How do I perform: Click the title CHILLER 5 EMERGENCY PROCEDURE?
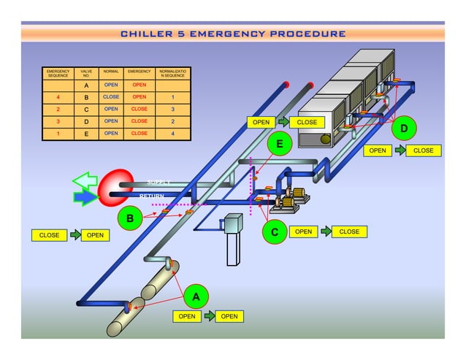pyautogui.click(x=233, y=34)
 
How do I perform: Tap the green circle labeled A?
pyautogui.click(x=195, y=296)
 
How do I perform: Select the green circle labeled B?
pyautogui.click(x=130, y=218)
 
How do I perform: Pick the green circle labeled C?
pyautogui.click(x=275, y=232)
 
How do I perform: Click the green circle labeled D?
pyautogui.click(x=404, y=129)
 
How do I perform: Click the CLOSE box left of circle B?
pyautogui.click(x=50, y=235)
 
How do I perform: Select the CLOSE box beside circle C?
pyautogui.click(x=349, y=231)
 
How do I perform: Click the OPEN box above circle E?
pyautogui.click(x=261, y=122)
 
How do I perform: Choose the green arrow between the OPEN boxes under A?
pyautogui.click(x=208, y=316)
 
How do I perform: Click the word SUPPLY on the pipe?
pyautogui.click(x=158, y=183)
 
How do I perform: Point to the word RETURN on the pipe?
pyautogui.click(x=152, y=196)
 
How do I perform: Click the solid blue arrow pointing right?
pyautogui.click(x=85, y=197)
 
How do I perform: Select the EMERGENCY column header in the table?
pyautogui.click(x=139, y=74)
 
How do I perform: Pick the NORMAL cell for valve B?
pyautogui.click(x=111, y=96)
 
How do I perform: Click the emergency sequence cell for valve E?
pyautogui.click(x=58, y=134)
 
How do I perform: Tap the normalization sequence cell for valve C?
pyautogui.click(x=172, y=109)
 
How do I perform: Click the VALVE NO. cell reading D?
pyautogui.click(x=86, y=121)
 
